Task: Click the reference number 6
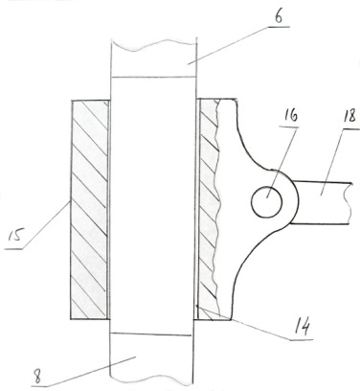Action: (279, 17)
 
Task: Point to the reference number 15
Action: (14, 237)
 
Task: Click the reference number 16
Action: (290, 116)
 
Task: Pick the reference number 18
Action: (349, 116)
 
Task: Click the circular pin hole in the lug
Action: (267, 203)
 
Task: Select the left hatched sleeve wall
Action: (90, 210)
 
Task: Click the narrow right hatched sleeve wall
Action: (208, 209)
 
